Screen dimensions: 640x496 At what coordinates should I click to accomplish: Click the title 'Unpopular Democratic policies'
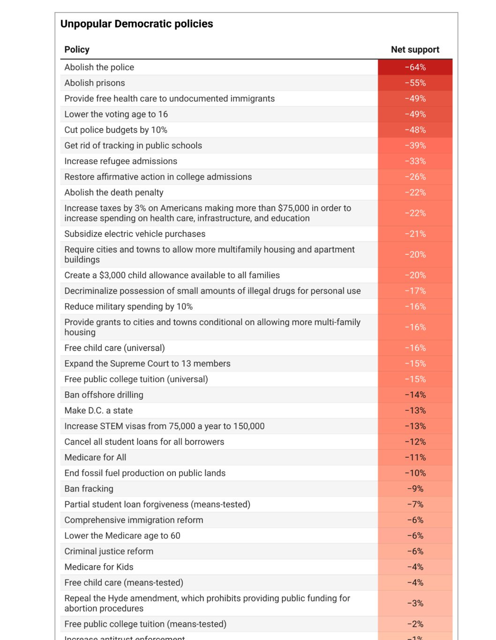(136, 24)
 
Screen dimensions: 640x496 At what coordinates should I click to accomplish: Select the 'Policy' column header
(77, 50)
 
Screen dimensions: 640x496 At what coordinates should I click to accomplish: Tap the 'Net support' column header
(415, 50)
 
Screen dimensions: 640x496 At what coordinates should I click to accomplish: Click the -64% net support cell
(415, 67)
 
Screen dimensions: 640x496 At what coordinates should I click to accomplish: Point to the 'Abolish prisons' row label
(95, 83)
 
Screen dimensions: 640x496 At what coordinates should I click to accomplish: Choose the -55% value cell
(415, 83)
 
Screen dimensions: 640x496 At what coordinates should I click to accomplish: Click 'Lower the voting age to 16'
(116, 114)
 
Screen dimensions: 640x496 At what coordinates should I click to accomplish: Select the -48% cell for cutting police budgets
(415, 130)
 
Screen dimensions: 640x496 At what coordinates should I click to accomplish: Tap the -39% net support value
(415, 146)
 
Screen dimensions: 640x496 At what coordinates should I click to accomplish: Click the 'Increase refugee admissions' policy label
(120, 161)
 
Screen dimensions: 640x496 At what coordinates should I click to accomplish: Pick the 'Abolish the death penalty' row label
(114, 193)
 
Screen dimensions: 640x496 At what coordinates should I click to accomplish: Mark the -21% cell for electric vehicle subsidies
(415, 234)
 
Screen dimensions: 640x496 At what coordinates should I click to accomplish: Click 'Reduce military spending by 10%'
(128, 306)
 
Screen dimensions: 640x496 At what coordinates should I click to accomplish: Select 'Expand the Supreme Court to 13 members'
(147, 364)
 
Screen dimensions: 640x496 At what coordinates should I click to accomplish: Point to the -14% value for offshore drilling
(415, 395)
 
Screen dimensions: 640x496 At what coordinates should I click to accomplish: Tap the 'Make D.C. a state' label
(98, 410)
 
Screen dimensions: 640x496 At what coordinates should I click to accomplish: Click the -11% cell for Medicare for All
(415, 457)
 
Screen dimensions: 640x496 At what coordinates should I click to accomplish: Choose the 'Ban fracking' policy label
(89, 489)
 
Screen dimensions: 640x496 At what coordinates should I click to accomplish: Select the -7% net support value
(415, 505)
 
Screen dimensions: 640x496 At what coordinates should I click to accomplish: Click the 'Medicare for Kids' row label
(99, 567)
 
